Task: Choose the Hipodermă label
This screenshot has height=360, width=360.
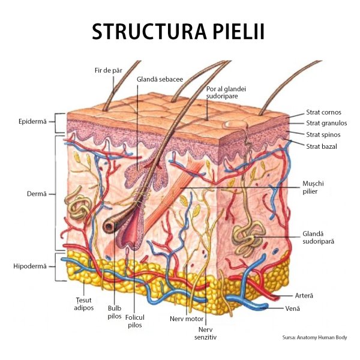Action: [29, 266]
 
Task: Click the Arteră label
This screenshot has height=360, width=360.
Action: [305, 296]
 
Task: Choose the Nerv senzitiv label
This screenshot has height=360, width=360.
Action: [206, 333]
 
